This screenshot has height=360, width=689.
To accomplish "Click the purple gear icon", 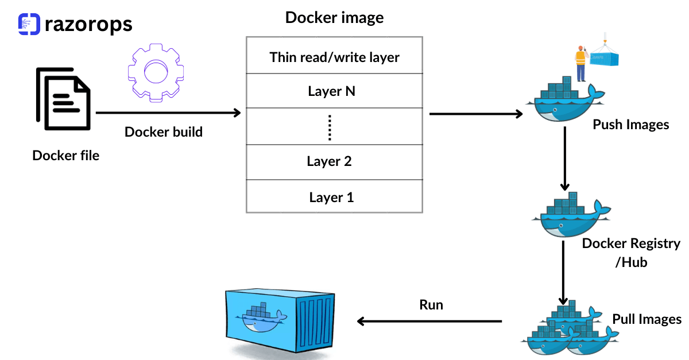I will [154, 73].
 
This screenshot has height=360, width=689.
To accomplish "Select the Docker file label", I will [65, 155].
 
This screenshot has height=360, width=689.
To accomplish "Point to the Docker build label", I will [164, 132].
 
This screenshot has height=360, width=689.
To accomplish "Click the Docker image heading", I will [334, 17].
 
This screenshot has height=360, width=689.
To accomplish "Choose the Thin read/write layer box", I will [334, 57].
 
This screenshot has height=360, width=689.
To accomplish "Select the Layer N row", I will [334, 91].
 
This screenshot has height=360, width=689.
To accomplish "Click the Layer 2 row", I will [334, 161].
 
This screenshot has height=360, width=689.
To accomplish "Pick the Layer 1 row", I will [334, 197].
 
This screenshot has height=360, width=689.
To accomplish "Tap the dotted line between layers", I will [330, 127].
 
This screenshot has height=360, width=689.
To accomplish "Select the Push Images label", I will [630, 125].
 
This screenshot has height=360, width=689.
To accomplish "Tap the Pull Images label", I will [647, 319].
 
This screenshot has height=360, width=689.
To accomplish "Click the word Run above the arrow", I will [431, 304].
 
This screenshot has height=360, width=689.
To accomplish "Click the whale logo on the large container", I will [261, 318].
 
